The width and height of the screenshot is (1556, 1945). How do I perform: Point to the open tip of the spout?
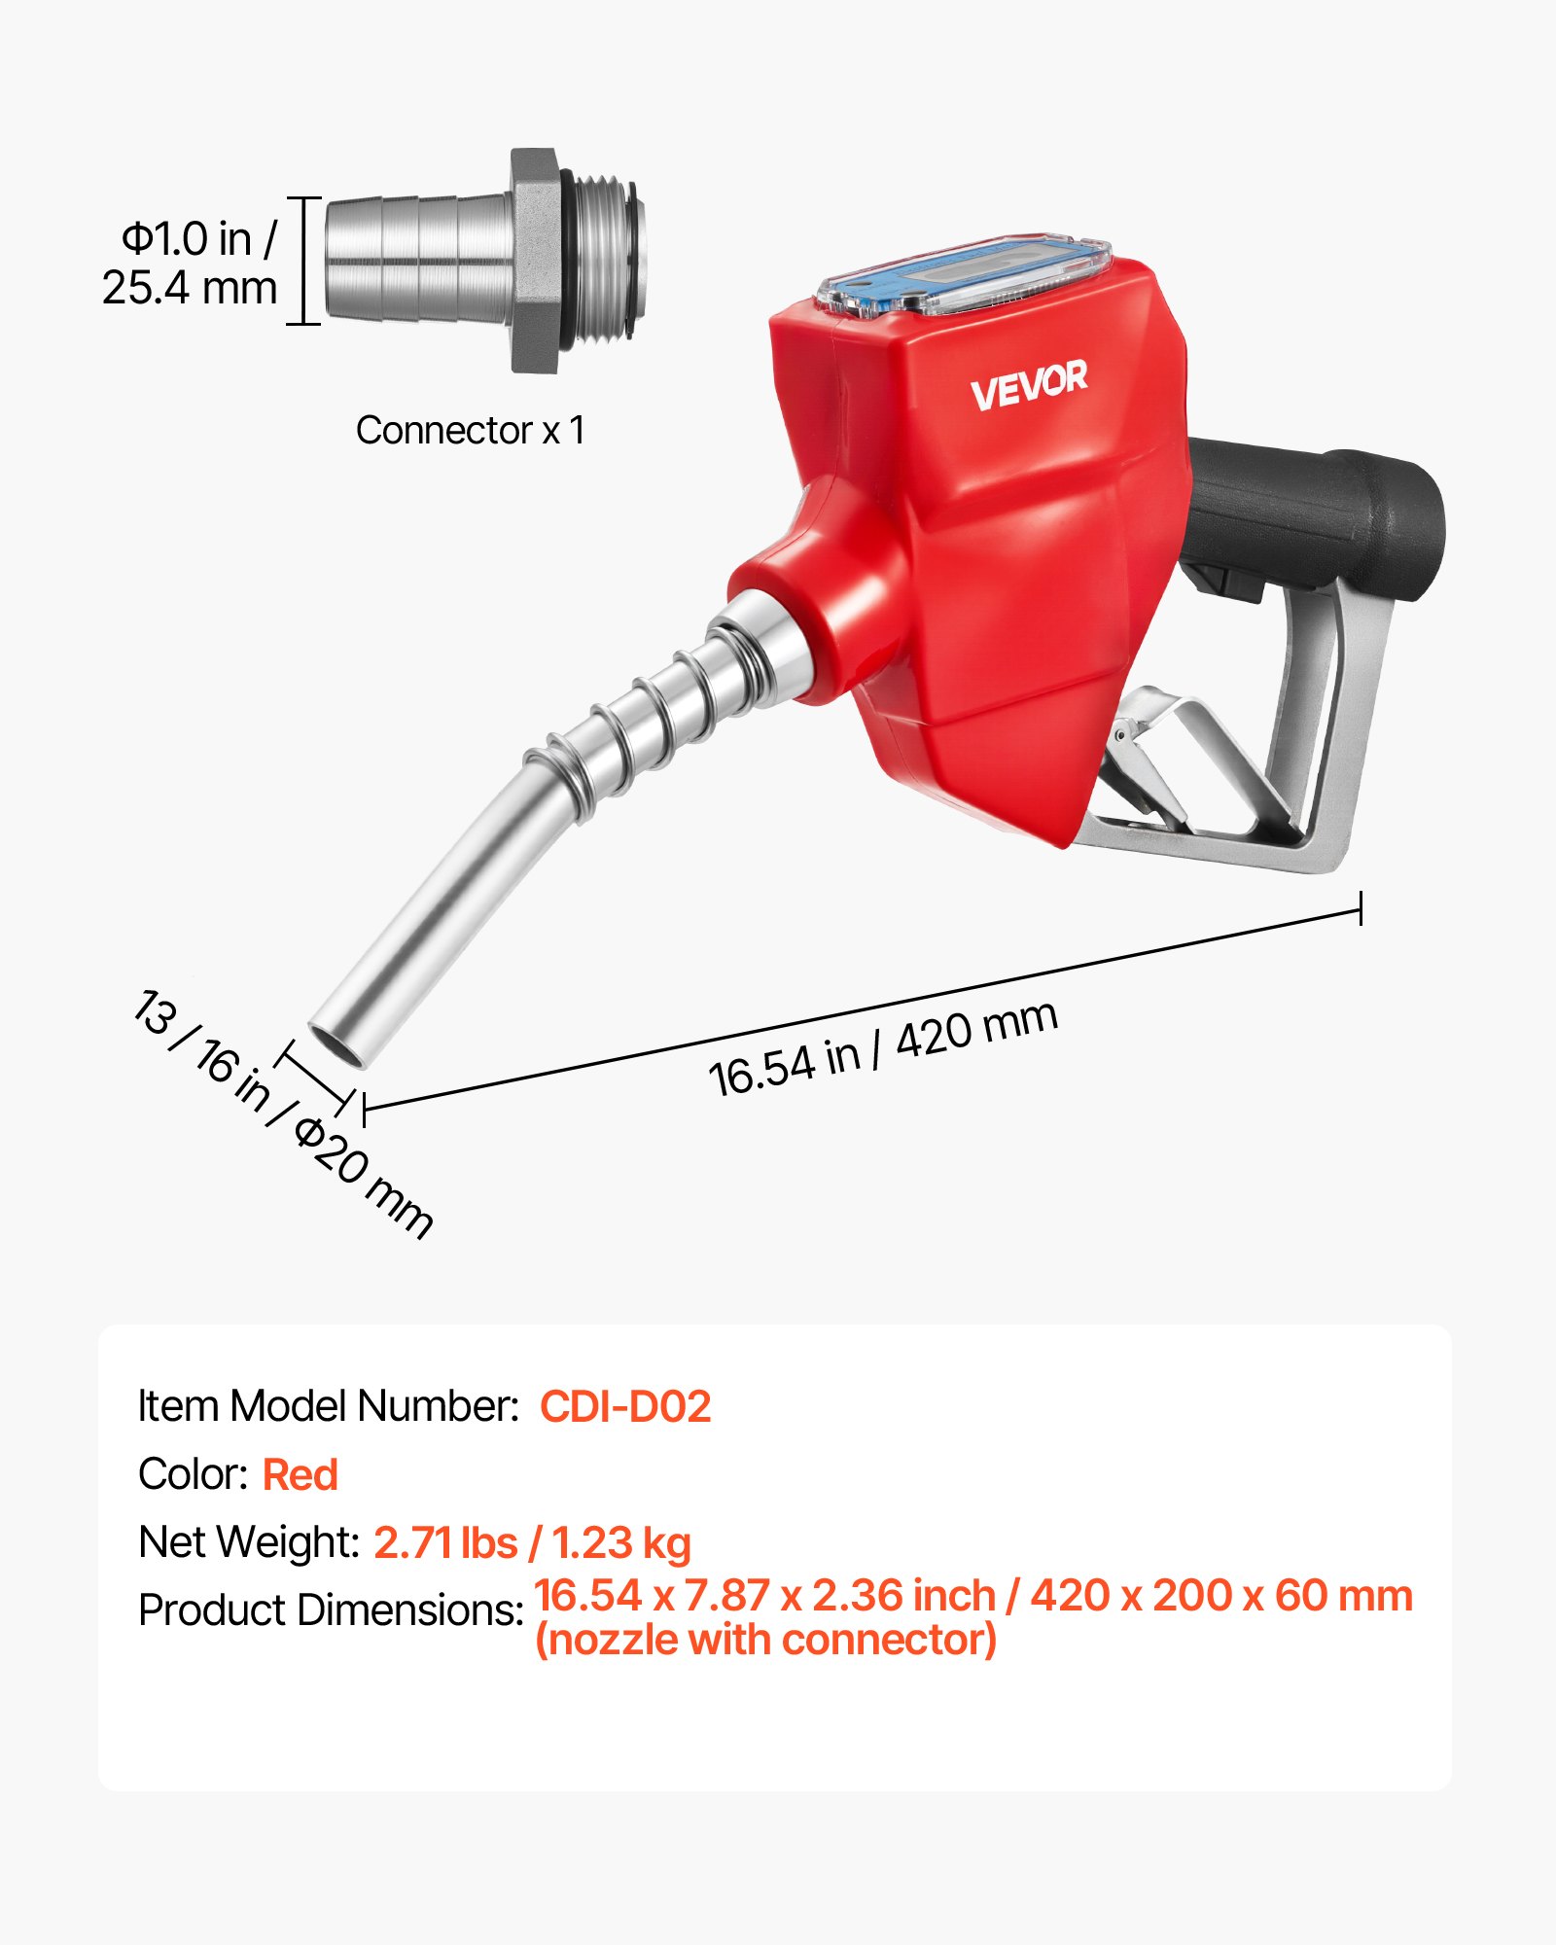coord(336,1046)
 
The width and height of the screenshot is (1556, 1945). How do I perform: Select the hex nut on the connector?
coord(536,261)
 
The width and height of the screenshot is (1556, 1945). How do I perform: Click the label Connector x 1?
coord(470,430)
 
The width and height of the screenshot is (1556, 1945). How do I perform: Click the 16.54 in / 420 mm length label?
coord(882,1048)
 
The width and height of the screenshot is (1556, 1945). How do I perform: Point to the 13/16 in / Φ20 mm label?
coord(282,1114)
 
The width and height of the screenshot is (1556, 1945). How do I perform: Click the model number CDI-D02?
coord(624,1406)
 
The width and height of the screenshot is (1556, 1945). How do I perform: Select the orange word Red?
coord(300,1474)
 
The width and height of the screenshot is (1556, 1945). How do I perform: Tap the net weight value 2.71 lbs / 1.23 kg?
coord(532,1542)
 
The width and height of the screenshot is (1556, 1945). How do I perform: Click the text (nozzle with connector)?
coord(765,1641)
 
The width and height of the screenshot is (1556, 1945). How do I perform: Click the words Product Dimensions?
coord(331,1610)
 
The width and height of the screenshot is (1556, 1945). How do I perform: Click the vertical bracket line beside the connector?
coord(304,261)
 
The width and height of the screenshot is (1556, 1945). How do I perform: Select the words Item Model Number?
coord(329,1406)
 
